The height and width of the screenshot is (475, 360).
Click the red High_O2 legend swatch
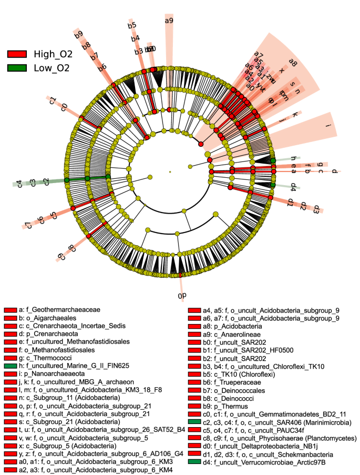tap(17, 54)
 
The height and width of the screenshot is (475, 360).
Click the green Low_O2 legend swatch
tap(17, 67)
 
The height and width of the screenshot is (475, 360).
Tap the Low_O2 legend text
tap(52, 67)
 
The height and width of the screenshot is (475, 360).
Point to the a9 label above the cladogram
tap(169, 21)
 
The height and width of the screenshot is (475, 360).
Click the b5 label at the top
tap(132, 25)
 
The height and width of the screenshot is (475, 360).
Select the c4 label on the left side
tap(19, 184)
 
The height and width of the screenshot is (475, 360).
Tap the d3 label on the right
tap(316, 210)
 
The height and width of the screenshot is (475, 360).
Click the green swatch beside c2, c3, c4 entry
tap(194, 422)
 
